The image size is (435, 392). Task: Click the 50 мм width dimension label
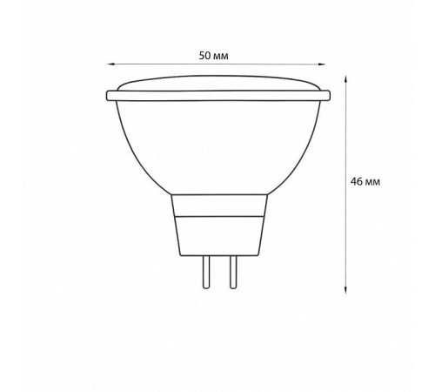point(213,56)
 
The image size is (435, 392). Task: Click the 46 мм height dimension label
point(365,182)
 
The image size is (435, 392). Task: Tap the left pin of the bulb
point(206,272)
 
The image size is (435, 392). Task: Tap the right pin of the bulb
point(233,272)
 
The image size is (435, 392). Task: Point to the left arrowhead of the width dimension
point(110,64)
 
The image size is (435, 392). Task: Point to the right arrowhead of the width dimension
point(323,64)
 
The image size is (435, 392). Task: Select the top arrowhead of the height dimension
point(345,79)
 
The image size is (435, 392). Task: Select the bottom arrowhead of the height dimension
point(345,289)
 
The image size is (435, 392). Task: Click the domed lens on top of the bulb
point(218,83)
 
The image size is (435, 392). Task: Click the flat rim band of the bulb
point(218,96)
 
